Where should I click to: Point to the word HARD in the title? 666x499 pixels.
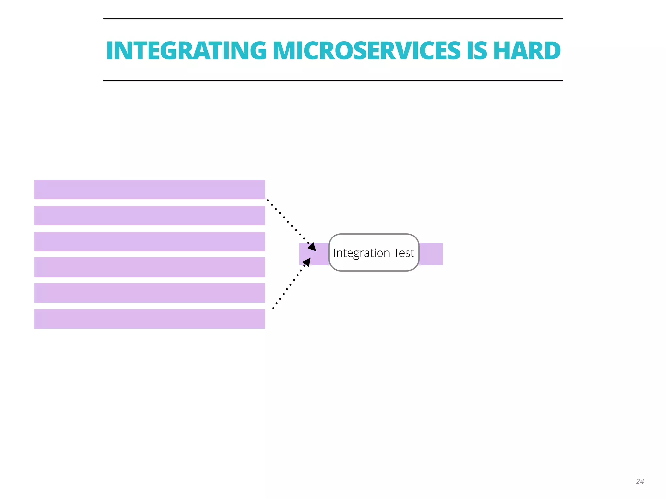[527, 51]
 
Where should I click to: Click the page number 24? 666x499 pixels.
[640, 481]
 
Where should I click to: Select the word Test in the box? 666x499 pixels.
[404, 253]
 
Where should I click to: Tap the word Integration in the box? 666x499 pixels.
[361, 253]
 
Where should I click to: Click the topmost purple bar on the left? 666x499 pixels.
[150, 190]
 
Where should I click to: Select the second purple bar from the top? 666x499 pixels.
[150, 216]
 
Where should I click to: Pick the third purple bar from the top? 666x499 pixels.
[150, 241]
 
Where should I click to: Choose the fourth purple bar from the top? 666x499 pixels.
[150, 267]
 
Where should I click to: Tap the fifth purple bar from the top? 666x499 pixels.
[150, 293]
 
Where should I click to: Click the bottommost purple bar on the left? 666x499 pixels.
[150, 319]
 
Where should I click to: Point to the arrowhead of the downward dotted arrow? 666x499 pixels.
[313, 247]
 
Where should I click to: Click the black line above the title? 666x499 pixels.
[333, 19]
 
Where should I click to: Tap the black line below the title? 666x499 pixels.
[333, 80]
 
